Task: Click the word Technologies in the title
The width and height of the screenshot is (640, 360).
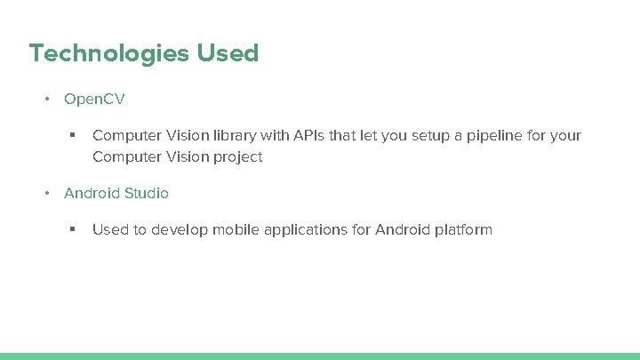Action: [109, 54]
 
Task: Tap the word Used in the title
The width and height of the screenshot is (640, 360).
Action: [228, 53]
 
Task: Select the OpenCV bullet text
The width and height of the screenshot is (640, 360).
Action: [94, 99]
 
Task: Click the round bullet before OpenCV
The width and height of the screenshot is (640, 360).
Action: [48, 99]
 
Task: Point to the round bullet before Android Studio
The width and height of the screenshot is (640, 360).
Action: [48, 193]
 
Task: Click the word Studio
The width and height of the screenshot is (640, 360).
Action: [147, 193]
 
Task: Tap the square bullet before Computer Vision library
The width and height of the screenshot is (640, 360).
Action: [73, 136]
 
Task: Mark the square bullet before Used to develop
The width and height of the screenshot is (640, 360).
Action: [73, 230]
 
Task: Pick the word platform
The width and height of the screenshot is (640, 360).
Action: [463, 230]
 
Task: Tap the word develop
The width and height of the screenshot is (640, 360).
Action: [178, 230]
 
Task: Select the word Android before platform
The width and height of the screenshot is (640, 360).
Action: [403, 230]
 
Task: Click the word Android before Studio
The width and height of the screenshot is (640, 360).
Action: [92, 193]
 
